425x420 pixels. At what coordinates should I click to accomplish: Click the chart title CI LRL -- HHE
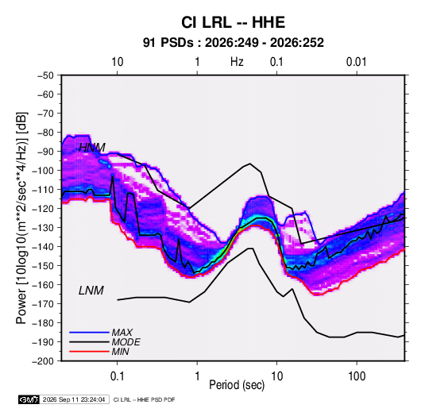(x=233, y=22)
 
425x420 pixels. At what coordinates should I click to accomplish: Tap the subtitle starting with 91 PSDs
(x=233, y=43)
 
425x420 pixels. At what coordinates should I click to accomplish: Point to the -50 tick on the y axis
(x=45, y=75)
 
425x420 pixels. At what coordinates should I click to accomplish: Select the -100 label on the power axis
(x=43, y=171)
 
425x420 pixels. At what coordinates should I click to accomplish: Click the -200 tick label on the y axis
(x=43, y=361)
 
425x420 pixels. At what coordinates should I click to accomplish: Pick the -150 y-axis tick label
(x=43, y=266)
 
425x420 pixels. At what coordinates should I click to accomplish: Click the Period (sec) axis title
(x=237, y=385)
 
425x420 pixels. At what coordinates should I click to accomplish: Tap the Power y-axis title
(x=21, y=218)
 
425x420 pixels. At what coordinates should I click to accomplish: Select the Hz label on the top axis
(x=237, y=62)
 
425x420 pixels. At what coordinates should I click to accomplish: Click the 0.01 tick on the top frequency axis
(x=357, y=62)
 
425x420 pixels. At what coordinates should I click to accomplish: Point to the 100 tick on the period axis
(x=357, y=376)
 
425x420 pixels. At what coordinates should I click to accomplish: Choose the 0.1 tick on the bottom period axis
(x=117, y=376)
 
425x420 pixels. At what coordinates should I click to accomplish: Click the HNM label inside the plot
(x=92, y=148)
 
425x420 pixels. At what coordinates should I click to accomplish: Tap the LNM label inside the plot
(x=91, y=291)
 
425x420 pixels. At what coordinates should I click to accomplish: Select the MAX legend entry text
(x=122, y=333)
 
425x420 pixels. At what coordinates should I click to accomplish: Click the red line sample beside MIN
(x=89, y=352)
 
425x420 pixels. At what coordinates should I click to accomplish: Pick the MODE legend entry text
(x=126, y=342)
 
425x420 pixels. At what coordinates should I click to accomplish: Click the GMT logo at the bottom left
(x=29, y=399)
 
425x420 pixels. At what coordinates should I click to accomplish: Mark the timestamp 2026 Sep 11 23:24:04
(x=74, y=399)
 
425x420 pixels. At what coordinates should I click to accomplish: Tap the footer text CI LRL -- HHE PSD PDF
(x=145, y=399)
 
